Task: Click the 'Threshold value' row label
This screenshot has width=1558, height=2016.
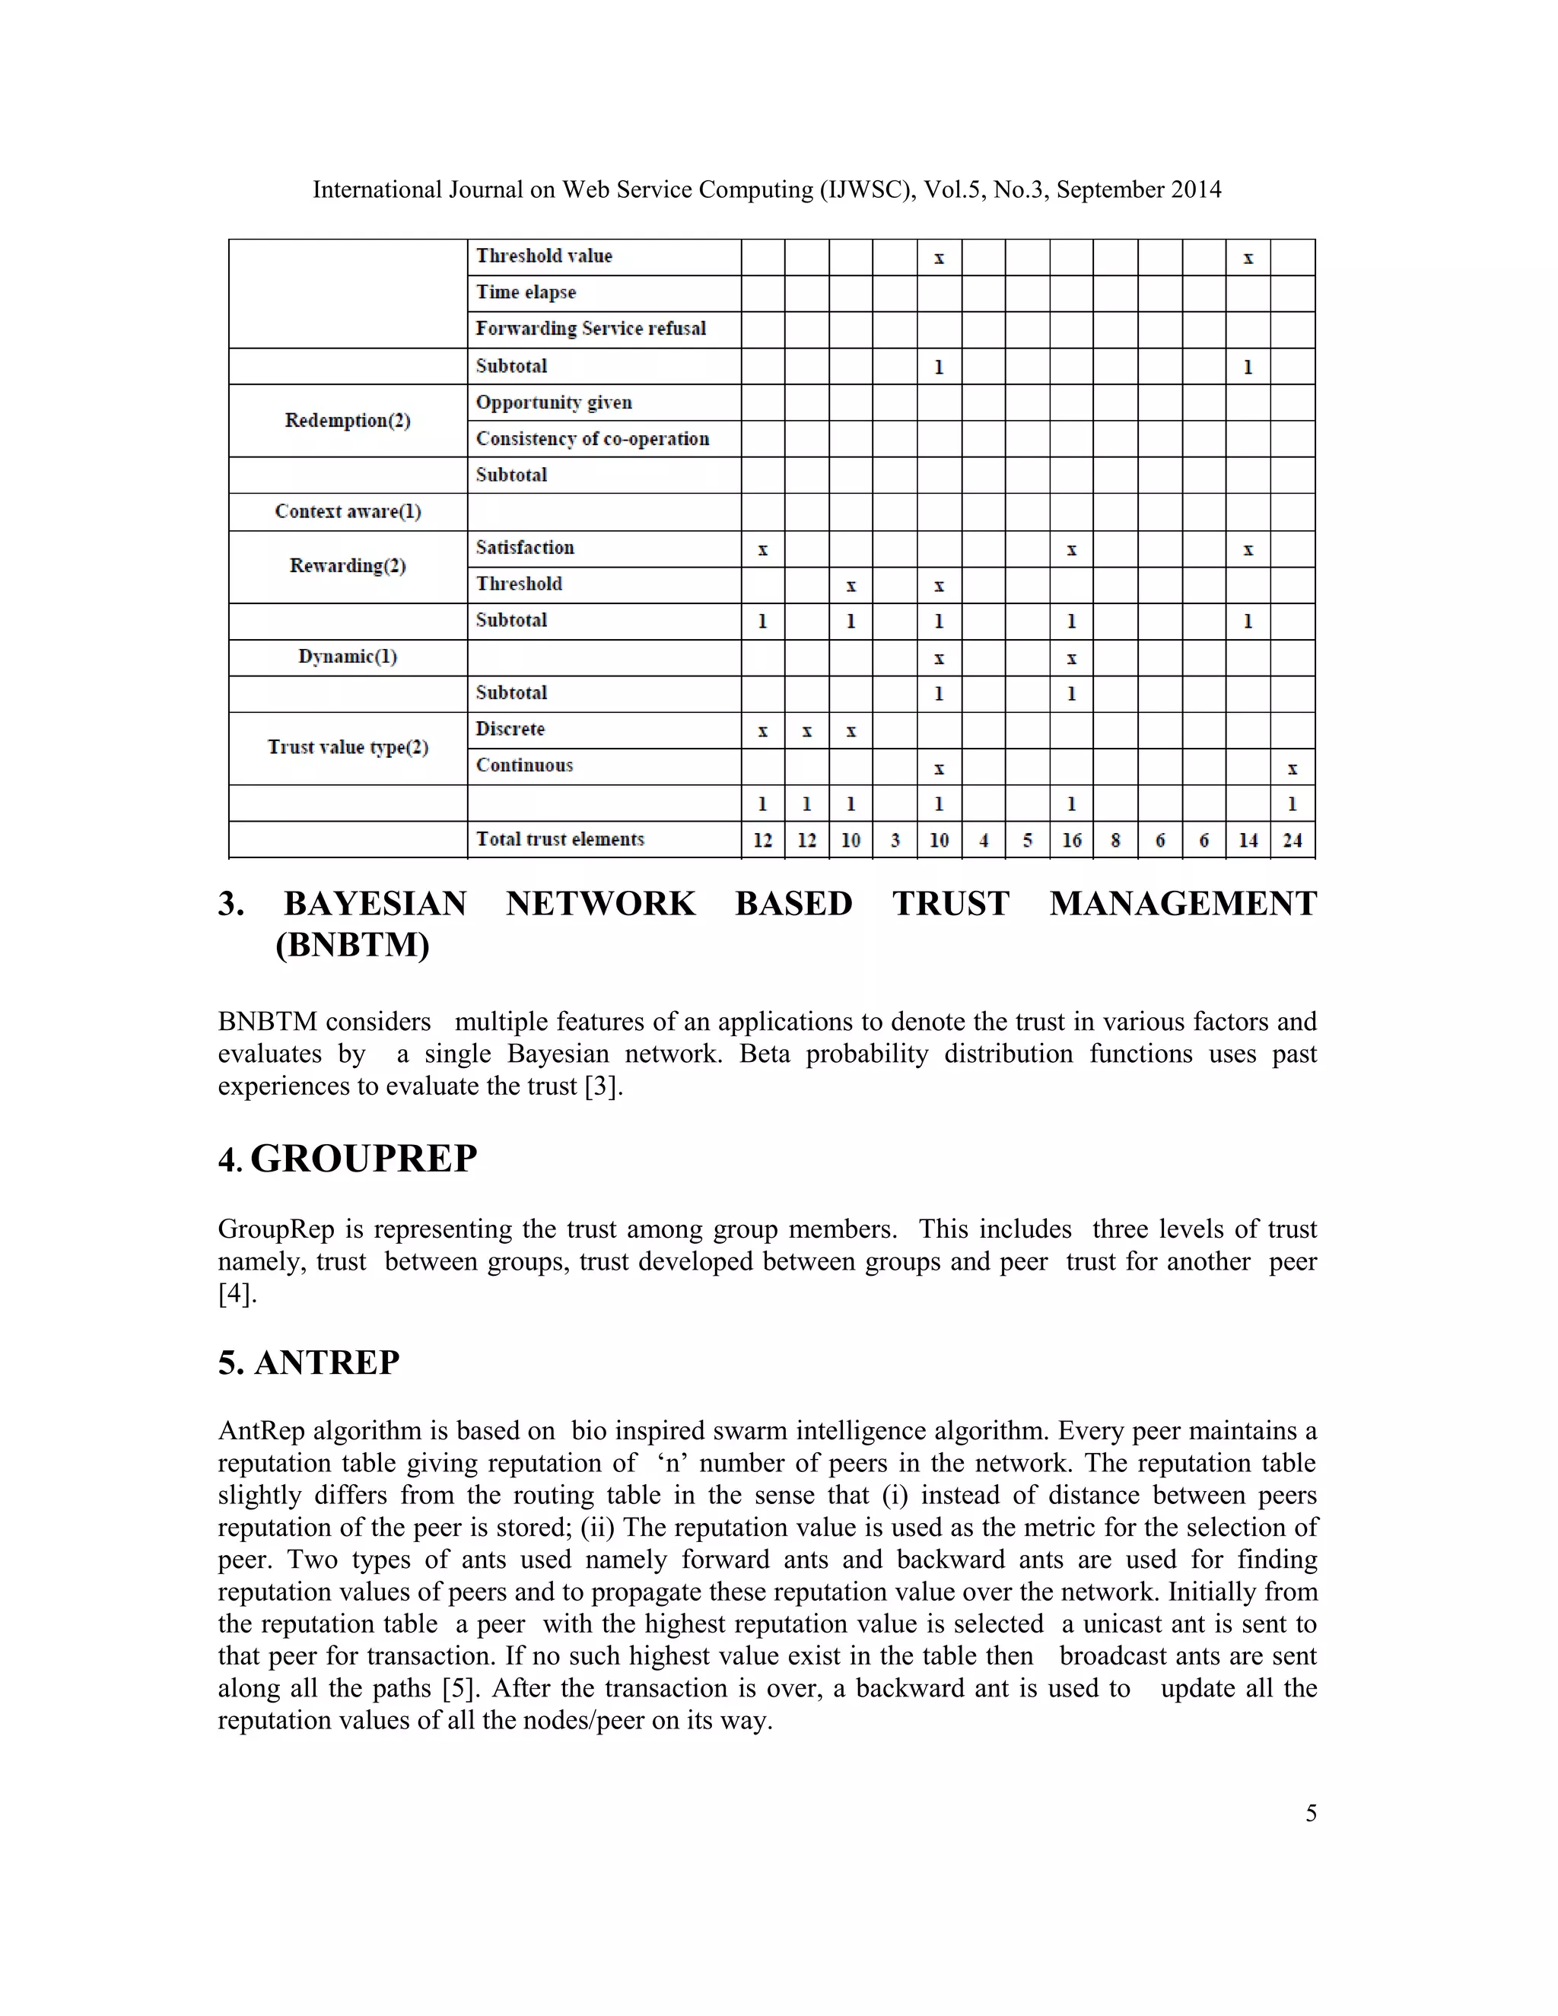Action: tap(544, 256)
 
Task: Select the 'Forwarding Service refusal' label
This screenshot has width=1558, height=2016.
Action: tap(590, 329)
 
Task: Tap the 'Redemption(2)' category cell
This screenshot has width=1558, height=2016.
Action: tap(347, 421)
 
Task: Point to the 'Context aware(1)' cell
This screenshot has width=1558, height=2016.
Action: tap(347, 511)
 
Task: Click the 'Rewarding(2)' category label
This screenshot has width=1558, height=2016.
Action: tap(347, 566)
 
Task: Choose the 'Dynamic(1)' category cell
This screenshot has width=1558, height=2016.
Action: tap(347, 657)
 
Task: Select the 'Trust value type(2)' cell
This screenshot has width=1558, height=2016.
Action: tap(347, 747)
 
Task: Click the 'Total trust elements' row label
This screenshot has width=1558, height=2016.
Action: tap(559, 839)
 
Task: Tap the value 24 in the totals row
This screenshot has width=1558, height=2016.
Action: tap(1293, 840)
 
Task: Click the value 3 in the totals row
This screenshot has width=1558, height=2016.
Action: tap(895, 840)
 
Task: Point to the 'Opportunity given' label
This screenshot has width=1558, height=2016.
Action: tap(554, 402)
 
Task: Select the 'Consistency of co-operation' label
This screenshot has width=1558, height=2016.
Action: tap(592, 438)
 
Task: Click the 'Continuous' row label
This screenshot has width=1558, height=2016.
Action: tap(523, 765)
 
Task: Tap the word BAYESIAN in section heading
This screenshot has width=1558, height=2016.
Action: tap(375, 903)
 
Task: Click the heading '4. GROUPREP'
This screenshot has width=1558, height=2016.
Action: tap(347, 1159)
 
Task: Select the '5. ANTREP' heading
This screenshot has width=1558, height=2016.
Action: tap(308, 1363)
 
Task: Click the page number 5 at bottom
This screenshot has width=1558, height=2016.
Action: tap(1310, 1813)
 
